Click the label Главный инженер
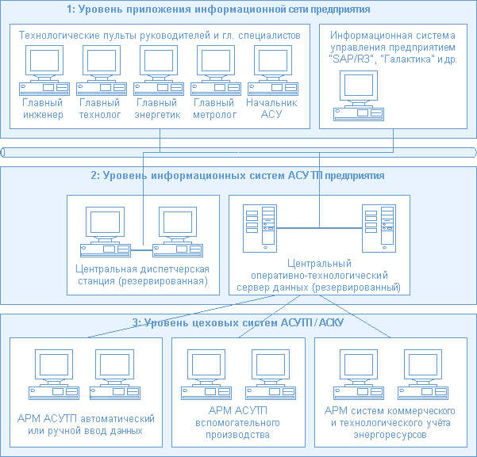click(x=42, y=109)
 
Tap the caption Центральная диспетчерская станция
click(x=141, y=276)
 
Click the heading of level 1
click(x=238, y=10)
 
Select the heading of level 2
click(x=238, y=175)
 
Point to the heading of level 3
click(x=238, y=322)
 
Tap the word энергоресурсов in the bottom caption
click(x=389, y=435)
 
